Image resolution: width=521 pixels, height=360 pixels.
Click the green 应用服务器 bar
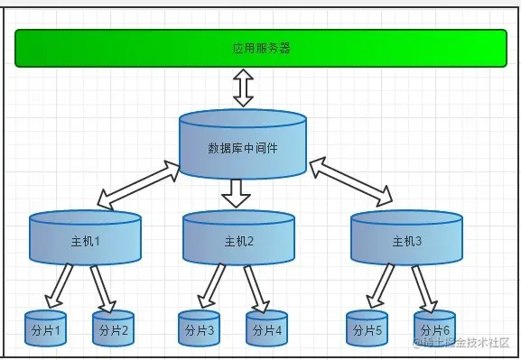coord(260,48)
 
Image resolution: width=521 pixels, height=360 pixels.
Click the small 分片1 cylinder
coord(45,329)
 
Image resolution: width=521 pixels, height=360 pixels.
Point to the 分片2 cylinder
coord(113,329)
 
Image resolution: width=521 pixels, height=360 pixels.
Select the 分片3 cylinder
coord(199,329)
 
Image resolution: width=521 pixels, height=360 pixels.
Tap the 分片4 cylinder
coord(266,329)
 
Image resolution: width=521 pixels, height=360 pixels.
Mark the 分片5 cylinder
coord(367,329)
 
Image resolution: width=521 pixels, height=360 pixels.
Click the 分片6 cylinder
coord(434,329)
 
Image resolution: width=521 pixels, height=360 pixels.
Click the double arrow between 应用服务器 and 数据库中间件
coord(243,88)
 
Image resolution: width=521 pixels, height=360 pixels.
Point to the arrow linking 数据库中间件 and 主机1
coord(138,183)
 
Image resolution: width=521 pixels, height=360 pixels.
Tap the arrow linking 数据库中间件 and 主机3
coord(351,180)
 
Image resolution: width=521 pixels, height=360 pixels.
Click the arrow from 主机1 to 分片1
coord(59,285)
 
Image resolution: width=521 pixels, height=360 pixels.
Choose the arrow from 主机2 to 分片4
coord(256,287)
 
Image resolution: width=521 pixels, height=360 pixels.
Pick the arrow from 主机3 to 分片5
coord(380,285)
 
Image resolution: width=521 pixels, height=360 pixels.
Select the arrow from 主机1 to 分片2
coord(101,287)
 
